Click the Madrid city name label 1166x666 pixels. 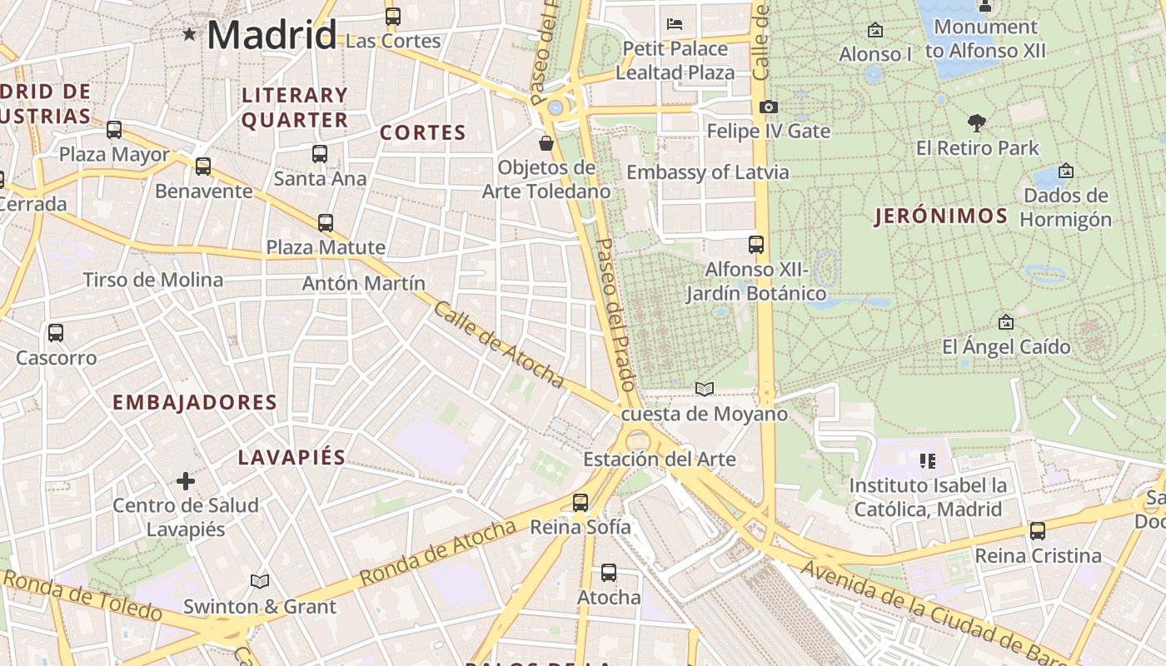272,35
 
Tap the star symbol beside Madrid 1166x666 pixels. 190,34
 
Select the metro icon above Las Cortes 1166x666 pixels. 392,16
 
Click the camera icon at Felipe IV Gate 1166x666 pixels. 768,107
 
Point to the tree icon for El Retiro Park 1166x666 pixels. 977,123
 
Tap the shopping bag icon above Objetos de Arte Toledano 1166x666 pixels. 546,143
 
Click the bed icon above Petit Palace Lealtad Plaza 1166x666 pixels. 675,23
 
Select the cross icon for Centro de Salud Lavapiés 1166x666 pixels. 186,480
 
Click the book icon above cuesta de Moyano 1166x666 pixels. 705,389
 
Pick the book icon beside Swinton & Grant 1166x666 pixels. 260,581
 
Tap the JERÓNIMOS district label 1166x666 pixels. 941,216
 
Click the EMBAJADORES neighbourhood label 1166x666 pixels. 194,403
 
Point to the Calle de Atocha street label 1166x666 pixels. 499,344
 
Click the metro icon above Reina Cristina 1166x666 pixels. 1037,530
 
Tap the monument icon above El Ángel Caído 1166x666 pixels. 1005,322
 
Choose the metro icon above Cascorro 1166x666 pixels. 56,333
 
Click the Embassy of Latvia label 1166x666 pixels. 707,172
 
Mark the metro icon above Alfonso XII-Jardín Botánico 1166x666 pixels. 756,245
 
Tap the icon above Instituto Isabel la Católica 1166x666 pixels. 927,460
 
